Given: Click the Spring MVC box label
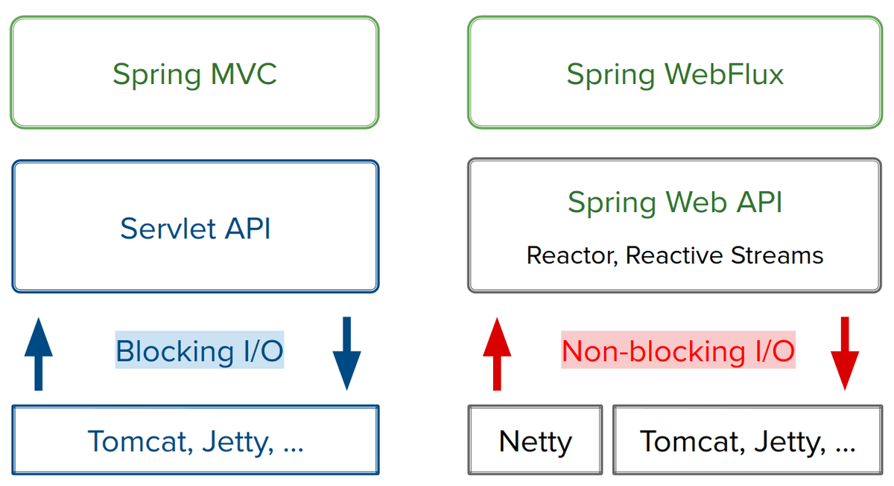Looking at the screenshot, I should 194,74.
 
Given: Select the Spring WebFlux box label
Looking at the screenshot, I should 675,74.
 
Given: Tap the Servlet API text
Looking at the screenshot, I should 195,228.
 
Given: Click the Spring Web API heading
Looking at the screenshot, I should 675,202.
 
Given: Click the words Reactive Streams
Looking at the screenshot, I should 724,255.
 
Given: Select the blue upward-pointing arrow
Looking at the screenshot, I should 39,353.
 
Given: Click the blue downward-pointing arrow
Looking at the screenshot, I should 346,353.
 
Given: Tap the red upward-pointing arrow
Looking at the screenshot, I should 497,353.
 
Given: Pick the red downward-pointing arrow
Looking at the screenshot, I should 845,353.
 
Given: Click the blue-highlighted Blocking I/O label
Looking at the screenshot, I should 200,351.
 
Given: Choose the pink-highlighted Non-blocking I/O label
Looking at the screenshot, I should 678,351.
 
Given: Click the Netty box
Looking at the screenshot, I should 535,441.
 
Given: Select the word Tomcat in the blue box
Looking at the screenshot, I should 135,441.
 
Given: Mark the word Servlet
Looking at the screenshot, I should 165,228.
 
